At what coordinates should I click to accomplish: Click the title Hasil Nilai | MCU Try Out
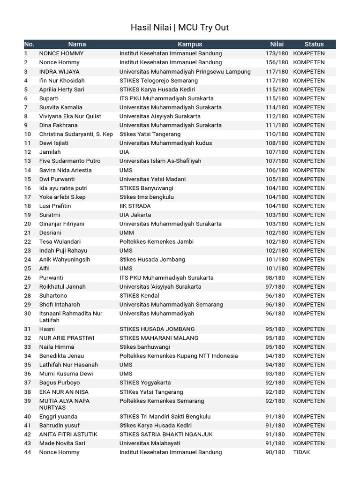[x=180, y=28]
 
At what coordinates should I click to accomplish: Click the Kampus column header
[x=190, y=44]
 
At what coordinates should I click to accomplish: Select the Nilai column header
[x=277, y=44]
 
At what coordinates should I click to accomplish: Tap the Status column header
[x=314, y=44]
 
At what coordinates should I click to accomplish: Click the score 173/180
[x=277, y=53]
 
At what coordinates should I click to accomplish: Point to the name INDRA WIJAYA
[x=59, y=72]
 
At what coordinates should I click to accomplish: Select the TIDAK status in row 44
[x=301, y=452]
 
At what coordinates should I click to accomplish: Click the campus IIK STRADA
[x=135, y=206]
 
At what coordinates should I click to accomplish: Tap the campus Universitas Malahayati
[x=150, y=443]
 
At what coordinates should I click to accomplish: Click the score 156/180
[x=277, y=62]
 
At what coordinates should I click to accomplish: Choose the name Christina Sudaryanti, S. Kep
[x=76, y=134]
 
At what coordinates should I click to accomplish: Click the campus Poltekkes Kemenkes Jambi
[x=156, y=242]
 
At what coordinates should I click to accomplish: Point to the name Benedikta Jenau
[x=61, y=356]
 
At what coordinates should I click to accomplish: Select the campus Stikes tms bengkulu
[x=146, y=197]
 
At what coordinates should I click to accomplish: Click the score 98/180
[x=275, y=277]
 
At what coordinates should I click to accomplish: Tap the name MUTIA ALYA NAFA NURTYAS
[x=64, y=404]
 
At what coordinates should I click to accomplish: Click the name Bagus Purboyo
[x=60, y=382]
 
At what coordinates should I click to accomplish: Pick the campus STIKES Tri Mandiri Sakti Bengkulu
[x=165, y=416]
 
